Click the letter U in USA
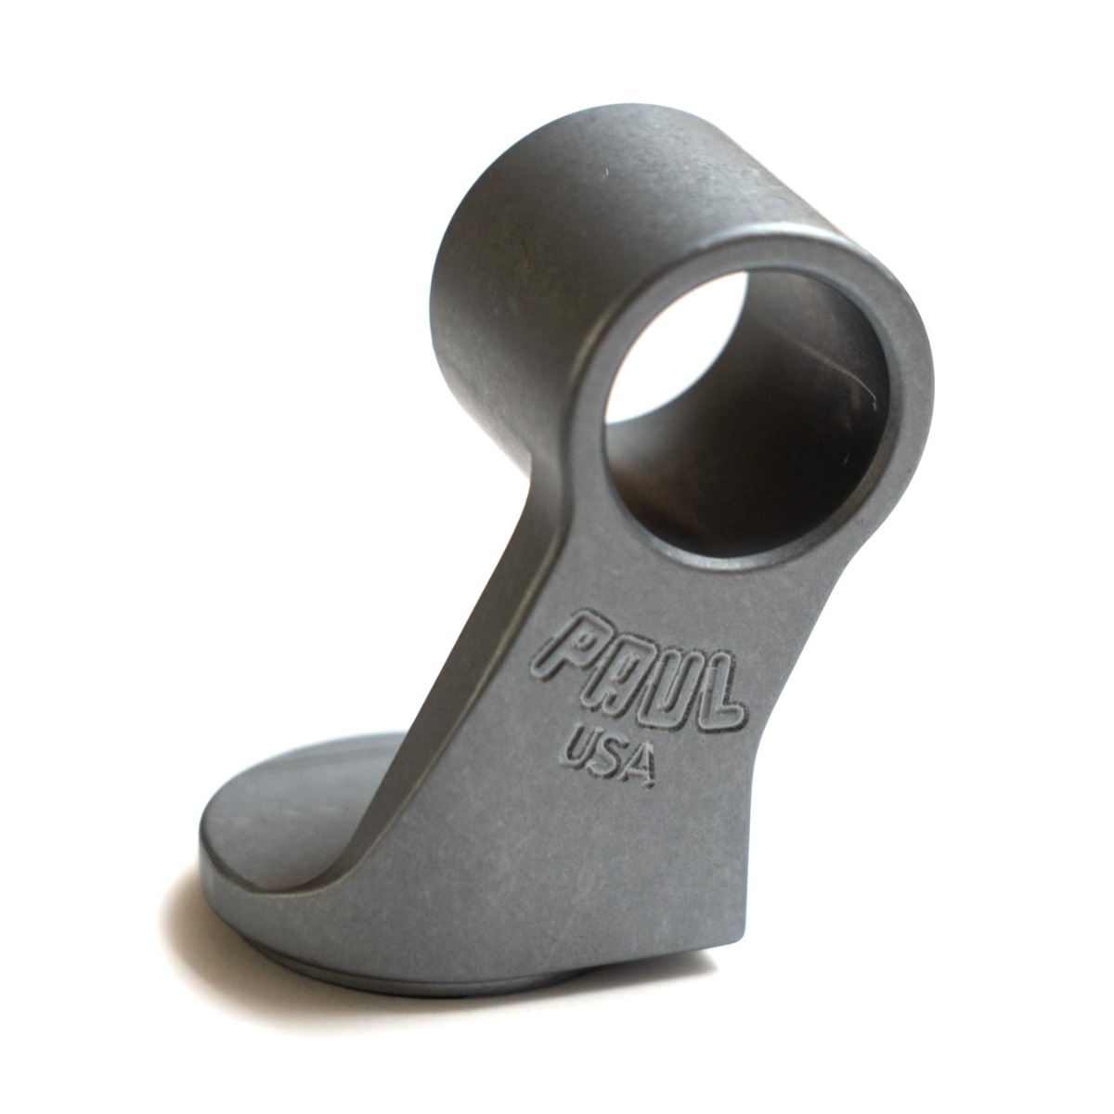click(x=578, y=748)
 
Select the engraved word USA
click(x=608, y=757)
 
